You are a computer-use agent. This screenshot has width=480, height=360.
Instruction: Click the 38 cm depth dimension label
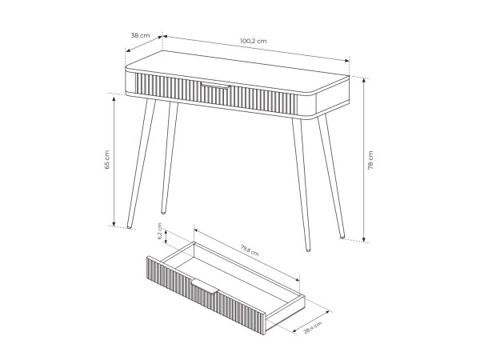141,35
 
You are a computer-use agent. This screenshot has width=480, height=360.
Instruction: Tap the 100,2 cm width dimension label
253,41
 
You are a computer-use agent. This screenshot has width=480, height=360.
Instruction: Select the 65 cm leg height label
107,160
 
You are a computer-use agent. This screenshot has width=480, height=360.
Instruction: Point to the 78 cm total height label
370,160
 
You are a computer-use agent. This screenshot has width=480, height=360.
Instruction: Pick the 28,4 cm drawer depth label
313,328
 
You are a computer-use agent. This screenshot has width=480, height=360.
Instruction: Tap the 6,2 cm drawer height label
159,231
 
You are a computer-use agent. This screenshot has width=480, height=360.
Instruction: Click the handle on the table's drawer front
215,86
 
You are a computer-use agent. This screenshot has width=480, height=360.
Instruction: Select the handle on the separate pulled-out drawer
205,286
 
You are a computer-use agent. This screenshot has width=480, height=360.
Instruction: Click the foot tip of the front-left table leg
130,227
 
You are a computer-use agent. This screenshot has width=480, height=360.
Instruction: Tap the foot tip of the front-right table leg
308,250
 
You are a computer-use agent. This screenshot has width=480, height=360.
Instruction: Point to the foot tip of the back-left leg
163,212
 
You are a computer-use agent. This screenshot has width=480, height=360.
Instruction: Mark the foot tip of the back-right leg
342,237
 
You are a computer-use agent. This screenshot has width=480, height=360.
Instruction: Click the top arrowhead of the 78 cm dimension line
364,80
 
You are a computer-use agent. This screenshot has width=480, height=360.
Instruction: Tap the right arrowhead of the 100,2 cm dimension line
347,60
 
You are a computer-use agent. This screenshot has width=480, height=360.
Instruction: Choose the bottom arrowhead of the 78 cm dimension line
364,239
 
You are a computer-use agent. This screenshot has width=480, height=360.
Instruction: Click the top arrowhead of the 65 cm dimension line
114,99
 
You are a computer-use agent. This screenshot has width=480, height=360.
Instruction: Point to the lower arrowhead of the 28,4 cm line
295,330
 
